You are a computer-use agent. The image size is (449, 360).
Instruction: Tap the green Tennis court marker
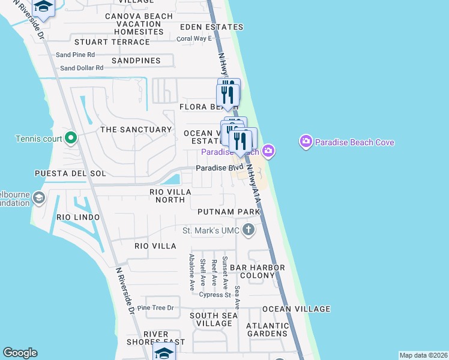coord(71,139)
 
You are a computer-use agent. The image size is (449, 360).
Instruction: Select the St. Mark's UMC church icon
coord(248,230)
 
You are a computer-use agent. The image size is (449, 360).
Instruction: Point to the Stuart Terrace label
coord(112,42)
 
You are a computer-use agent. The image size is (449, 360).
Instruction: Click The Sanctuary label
coord(136,130)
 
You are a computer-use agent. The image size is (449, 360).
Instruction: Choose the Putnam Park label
coord(229,212)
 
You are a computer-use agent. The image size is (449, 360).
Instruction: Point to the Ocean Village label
coord(296,309)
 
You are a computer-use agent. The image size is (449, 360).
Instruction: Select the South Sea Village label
coord(211,319)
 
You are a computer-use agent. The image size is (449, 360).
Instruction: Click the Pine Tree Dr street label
coord(155,308)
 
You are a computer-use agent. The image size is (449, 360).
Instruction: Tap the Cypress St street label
coord(215,295)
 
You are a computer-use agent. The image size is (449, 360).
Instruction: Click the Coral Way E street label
coord(194,38)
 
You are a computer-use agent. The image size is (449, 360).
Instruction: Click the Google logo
coord(20,353)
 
